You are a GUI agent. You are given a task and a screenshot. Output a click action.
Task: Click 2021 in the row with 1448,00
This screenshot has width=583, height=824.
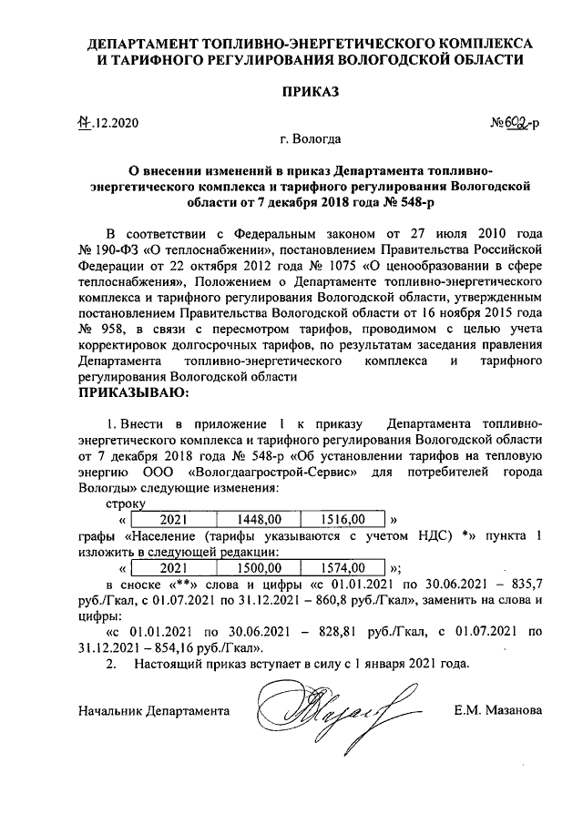[x=172, y=519]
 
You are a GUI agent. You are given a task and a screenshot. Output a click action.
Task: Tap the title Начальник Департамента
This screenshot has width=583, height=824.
[x=154, y=709]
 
